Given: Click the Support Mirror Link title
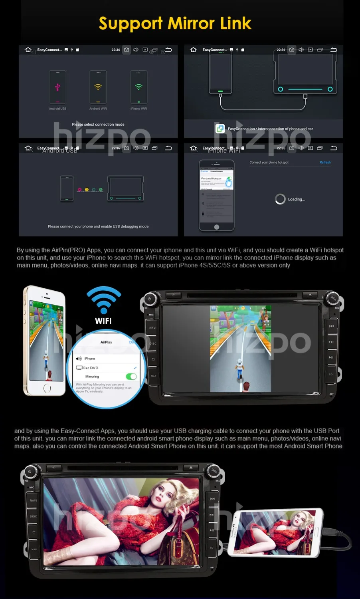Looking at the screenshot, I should coord(175,24).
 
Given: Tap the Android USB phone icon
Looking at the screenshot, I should coord(57,87).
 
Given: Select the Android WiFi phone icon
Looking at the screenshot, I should coord(98,87).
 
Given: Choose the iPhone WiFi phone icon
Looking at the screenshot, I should coord(138,87).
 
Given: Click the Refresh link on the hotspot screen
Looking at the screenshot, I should coord(325,163).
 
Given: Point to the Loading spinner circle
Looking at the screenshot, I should coord(280,199).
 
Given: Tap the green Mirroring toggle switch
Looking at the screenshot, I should coord(131,377).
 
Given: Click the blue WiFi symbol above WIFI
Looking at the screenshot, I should coord(104,300).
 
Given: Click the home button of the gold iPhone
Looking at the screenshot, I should coord(47,388).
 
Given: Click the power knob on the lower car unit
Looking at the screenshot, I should coord(30,472).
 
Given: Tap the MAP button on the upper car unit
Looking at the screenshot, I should coord(153,376).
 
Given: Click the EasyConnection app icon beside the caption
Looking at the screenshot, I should coord(220,129).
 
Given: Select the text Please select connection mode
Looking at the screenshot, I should coord(98,125).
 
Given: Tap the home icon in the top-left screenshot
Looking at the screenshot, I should coord(28,50).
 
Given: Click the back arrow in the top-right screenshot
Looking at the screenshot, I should coord(334,50).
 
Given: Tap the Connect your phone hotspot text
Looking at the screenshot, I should coord(269,163).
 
